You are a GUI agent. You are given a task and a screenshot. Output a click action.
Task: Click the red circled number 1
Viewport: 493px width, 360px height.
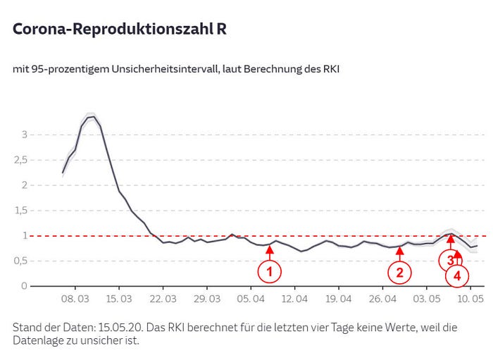pyautogui.click(x=269, y=270)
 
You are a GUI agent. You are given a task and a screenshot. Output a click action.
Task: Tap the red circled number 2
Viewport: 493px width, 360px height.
pyautogui.click(x=399, y=272)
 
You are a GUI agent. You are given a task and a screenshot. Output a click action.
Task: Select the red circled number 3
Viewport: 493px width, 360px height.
pyautogui.click(x=451, y=260)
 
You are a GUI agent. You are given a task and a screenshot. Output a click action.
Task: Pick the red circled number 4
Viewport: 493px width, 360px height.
pyautogui.click(x=457, y=276)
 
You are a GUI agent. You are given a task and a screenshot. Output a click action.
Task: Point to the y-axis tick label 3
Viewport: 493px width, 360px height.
pyautogui.click(x=24, y=135)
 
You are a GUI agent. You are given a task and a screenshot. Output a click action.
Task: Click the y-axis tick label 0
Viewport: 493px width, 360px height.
pyautogui.click(x=24, y=286)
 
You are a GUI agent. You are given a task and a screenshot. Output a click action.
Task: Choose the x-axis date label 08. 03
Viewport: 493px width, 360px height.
pyautogui.click(x=75, y=299)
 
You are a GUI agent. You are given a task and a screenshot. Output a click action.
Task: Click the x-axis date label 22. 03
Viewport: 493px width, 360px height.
pyautogui.click(x=163, y=299)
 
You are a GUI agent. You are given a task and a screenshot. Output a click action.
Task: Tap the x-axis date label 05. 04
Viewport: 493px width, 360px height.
pyautogui.click(x=251, y=299)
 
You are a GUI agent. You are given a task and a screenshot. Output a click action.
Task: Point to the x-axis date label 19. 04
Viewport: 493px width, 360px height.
pyautogui.click(x=338, y=299)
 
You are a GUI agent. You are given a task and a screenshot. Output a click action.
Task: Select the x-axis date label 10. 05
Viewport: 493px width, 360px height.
pyautogui.click(x=470, y=299)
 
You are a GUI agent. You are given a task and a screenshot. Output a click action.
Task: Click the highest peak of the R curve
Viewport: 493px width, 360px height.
pyautogui.click(x=91, y=116)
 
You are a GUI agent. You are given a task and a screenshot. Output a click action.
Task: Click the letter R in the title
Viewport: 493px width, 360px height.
pyautogui.click(x=221, y=30)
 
